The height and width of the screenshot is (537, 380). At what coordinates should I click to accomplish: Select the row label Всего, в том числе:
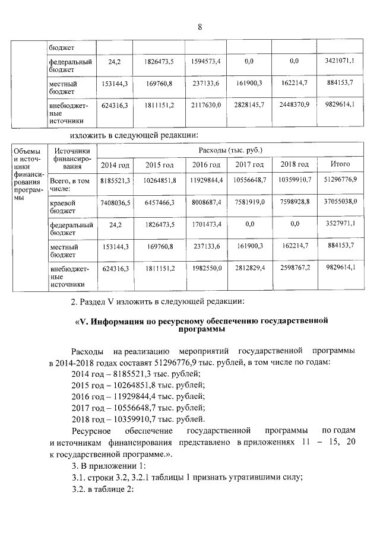(69, 183)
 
